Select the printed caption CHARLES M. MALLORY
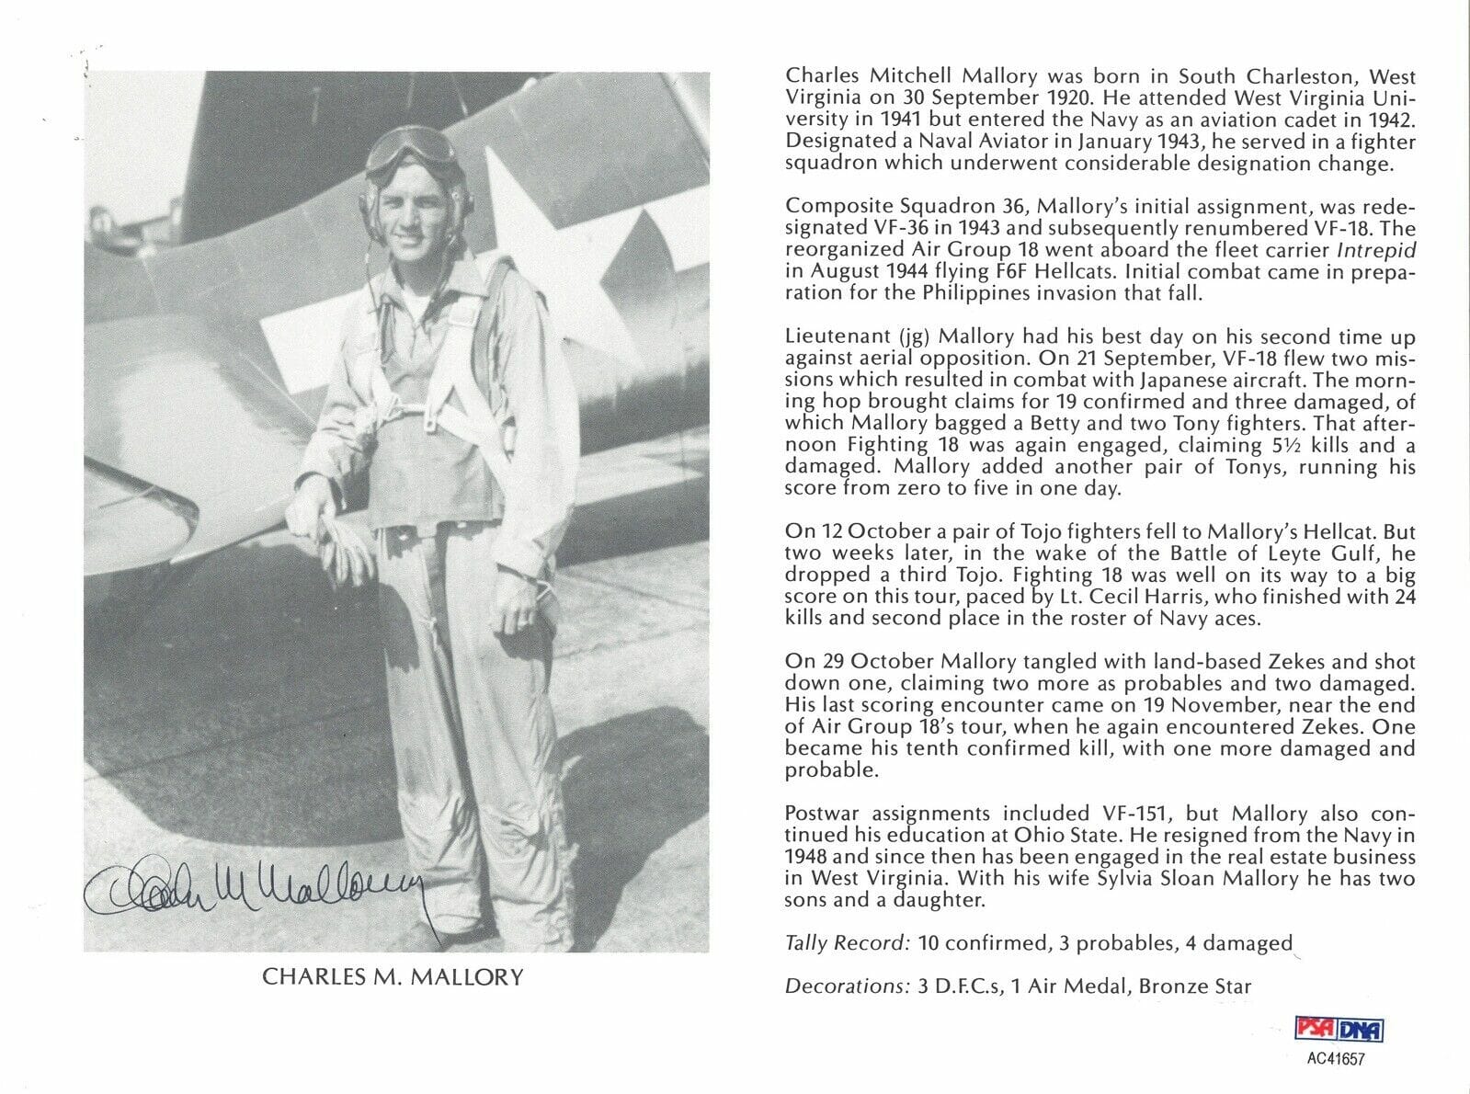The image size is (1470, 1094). point(393,976)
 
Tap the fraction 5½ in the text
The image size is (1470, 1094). point(1254,445)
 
